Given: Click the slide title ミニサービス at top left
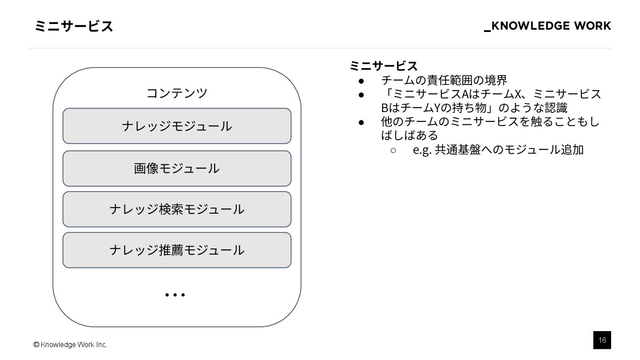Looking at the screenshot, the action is (74, 27).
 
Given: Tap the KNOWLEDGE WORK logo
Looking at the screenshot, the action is (548, 26).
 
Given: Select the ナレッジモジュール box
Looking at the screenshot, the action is (177, 126).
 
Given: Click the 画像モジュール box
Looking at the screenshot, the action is (177, 168).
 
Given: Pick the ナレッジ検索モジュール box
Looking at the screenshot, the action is (177, 209).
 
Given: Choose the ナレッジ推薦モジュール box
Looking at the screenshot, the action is (177, 250).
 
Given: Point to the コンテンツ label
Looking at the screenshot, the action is (177, 93).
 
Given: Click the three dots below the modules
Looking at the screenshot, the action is (175, 295).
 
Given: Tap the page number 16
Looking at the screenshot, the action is (602, 340).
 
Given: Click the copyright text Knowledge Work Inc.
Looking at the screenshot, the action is (71, 344).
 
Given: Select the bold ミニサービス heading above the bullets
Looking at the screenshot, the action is (384, 66).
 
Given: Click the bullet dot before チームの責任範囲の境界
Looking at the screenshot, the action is (361, 80).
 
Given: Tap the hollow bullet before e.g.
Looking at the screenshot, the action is (393, 150).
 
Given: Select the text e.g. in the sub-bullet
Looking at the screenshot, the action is (422, 150).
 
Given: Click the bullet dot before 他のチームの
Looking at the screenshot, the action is (361, 122).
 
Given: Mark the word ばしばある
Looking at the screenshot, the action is (409, 136).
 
